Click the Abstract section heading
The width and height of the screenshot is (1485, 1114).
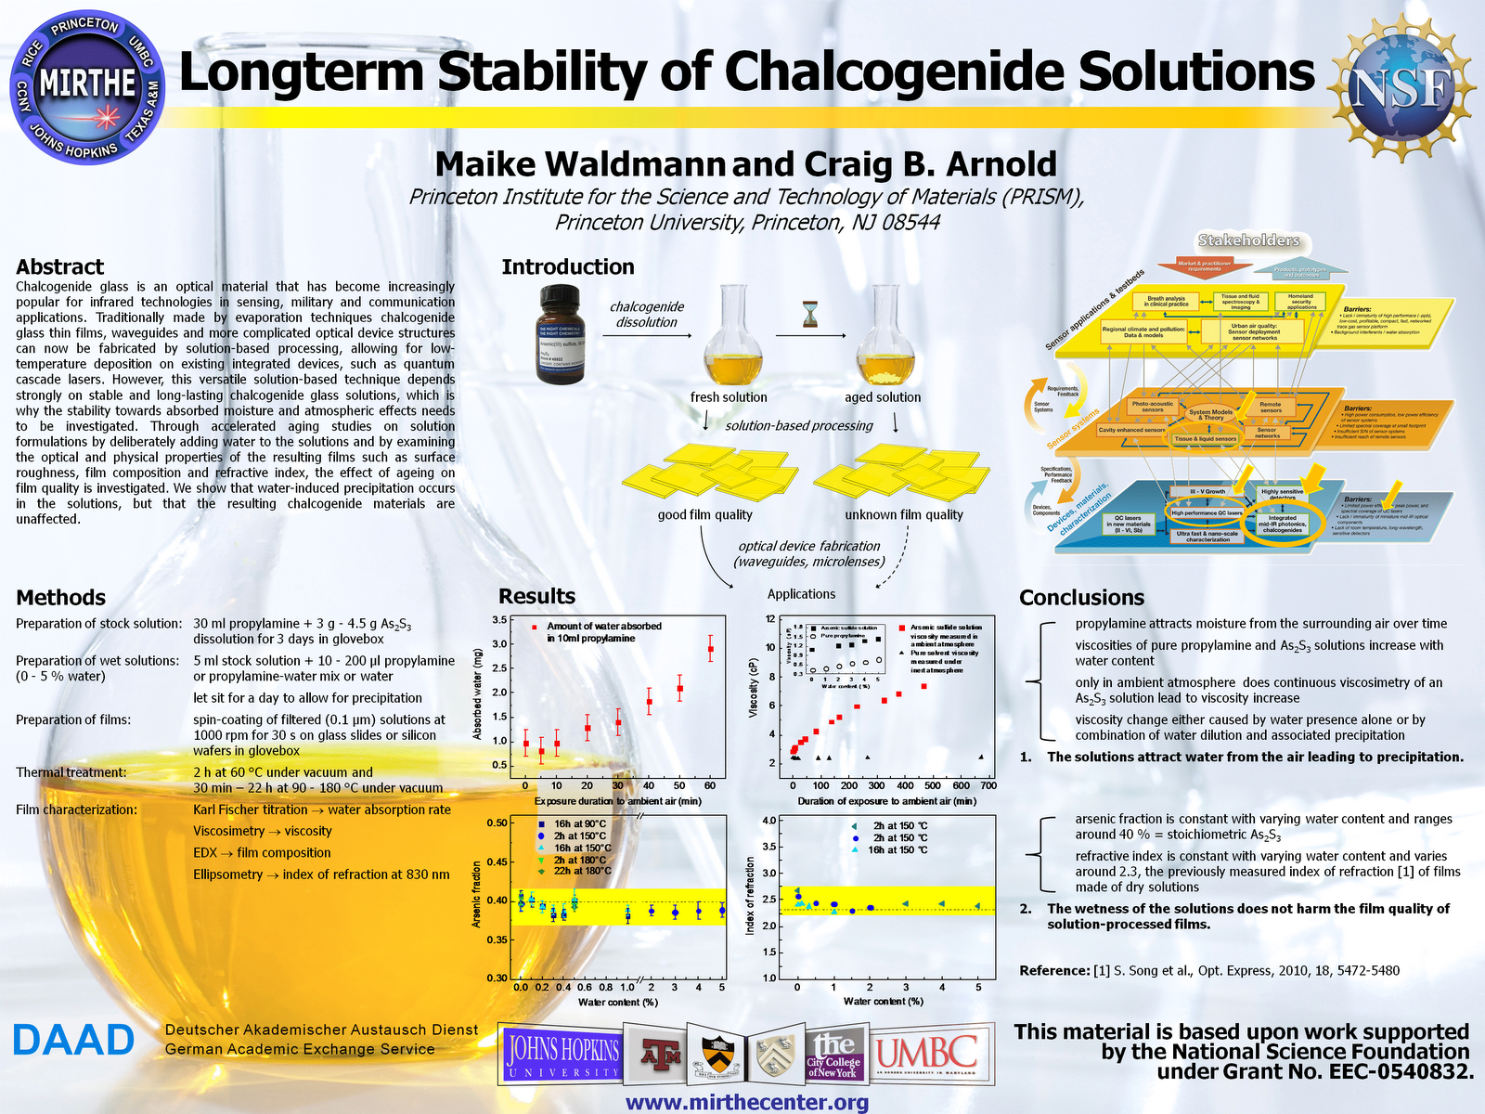pos(59,266)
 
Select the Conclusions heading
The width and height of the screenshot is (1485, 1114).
pos(1081,597)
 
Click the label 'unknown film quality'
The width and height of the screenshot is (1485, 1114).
pos(904,514)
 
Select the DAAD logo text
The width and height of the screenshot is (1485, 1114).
pos(73,1041)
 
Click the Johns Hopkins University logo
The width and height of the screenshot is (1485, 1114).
pos(562,1056)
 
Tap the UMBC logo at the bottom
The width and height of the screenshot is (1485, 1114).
pos(926,1055)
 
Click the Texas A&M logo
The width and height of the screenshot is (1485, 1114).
pos(662,1054)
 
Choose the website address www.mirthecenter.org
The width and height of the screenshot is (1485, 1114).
pos(746,1102)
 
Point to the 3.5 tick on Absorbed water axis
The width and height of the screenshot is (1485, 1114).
pos(499,620)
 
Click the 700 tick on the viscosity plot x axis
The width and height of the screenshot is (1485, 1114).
pos(988,785)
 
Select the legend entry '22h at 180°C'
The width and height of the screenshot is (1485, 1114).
pos(582,871)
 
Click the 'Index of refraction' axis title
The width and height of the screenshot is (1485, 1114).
pos(751,895)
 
